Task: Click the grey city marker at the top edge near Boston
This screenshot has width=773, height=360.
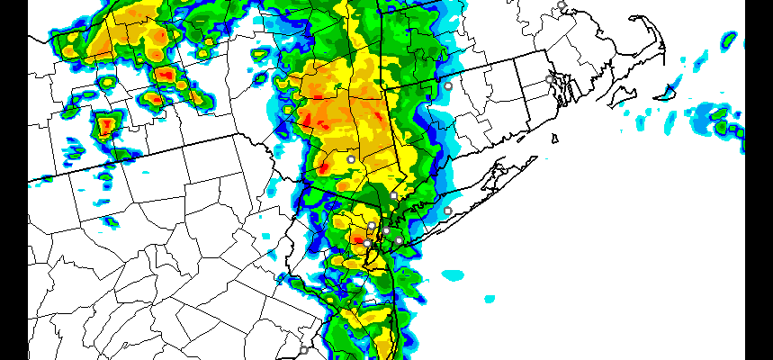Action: tap(562, 5)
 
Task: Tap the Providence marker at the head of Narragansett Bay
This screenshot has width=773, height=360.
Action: tap(550, 79)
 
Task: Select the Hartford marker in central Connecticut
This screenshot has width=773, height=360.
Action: tap(448, 85)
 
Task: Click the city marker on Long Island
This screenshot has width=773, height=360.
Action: tap(447, 211)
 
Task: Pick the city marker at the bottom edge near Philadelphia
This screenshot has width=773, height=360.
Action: tap(303, 350)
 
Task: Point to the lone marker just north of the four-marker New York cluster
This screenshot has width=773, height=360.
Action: tap(394, 195)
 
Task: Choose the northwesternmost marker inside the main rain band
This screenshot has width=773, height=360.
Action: tap(351, 159)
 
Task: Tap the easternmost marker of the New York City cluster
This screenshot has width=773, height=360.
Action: tap(399, 240)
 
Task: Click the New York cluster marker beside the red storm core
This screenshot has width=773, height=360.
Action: tap(367, 243)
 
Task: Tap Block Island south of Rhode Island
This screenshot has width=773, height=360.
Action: tap(555, 139)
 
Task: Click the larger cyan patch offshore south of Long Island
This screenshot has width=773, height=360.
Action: tap(452, 274)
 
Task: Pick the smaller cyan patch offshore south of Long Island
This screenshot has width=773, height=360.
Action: tap(489, 297)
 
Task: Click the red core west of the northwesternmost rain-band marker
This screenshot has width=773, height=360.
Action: tap(322, 167)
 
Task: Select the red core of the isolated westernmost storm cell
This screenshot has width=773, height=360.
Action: tap(107, 123)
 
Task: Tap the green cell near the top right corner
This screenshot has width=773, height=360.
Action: tap(728, 40)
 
